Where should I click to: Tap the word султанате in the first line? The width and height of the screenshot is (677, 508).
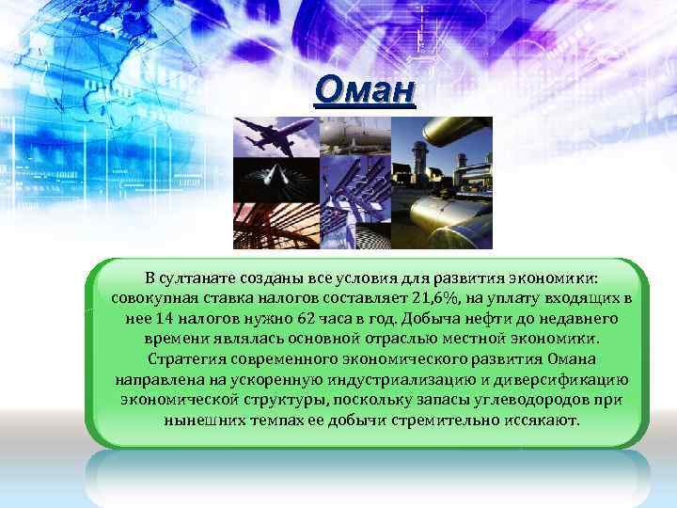pos(201,278)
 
